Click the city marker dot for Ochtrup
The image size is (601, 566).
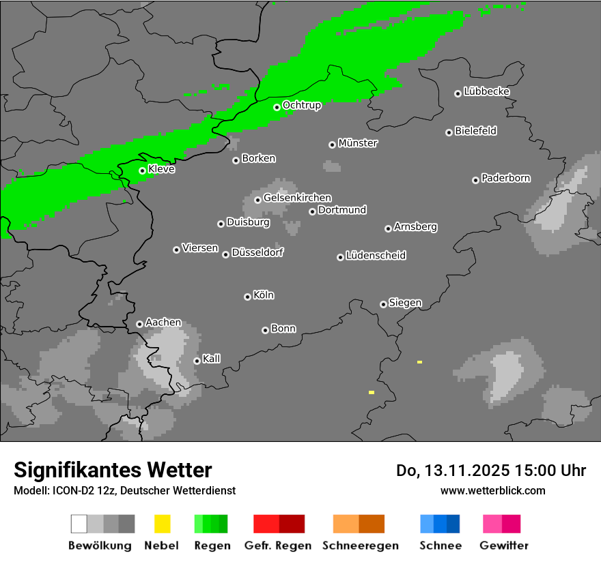277,107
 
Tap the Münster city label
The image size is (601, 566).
358,143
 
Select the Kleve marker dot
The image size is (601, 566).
143,170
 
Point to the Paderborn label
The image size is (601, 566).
505,178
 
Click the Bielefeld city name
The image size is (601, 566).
475,131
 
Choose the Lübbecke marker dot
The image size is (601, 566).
458,93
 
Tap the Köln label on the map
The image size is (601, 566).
264,295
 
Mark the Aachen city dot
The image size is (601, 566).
140,324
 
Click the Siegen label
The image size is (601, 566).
405,303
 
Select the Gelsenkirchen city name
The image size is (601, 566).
297,198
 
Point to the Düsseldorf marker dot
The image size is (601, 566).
226,254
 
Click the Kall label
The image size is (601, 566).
212,359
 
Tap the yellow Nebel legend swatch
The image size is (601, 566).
162,524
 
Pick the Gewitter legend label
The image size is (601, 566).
504,546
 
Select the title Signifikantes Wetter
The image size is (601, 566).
113,470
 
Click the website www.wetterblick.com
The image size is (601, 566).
492,490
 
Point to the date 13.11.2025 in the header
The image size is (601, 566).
464,471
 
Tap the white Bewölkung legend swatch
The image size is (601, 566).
79,524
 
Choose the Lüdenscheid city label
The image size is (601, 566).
376,256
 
